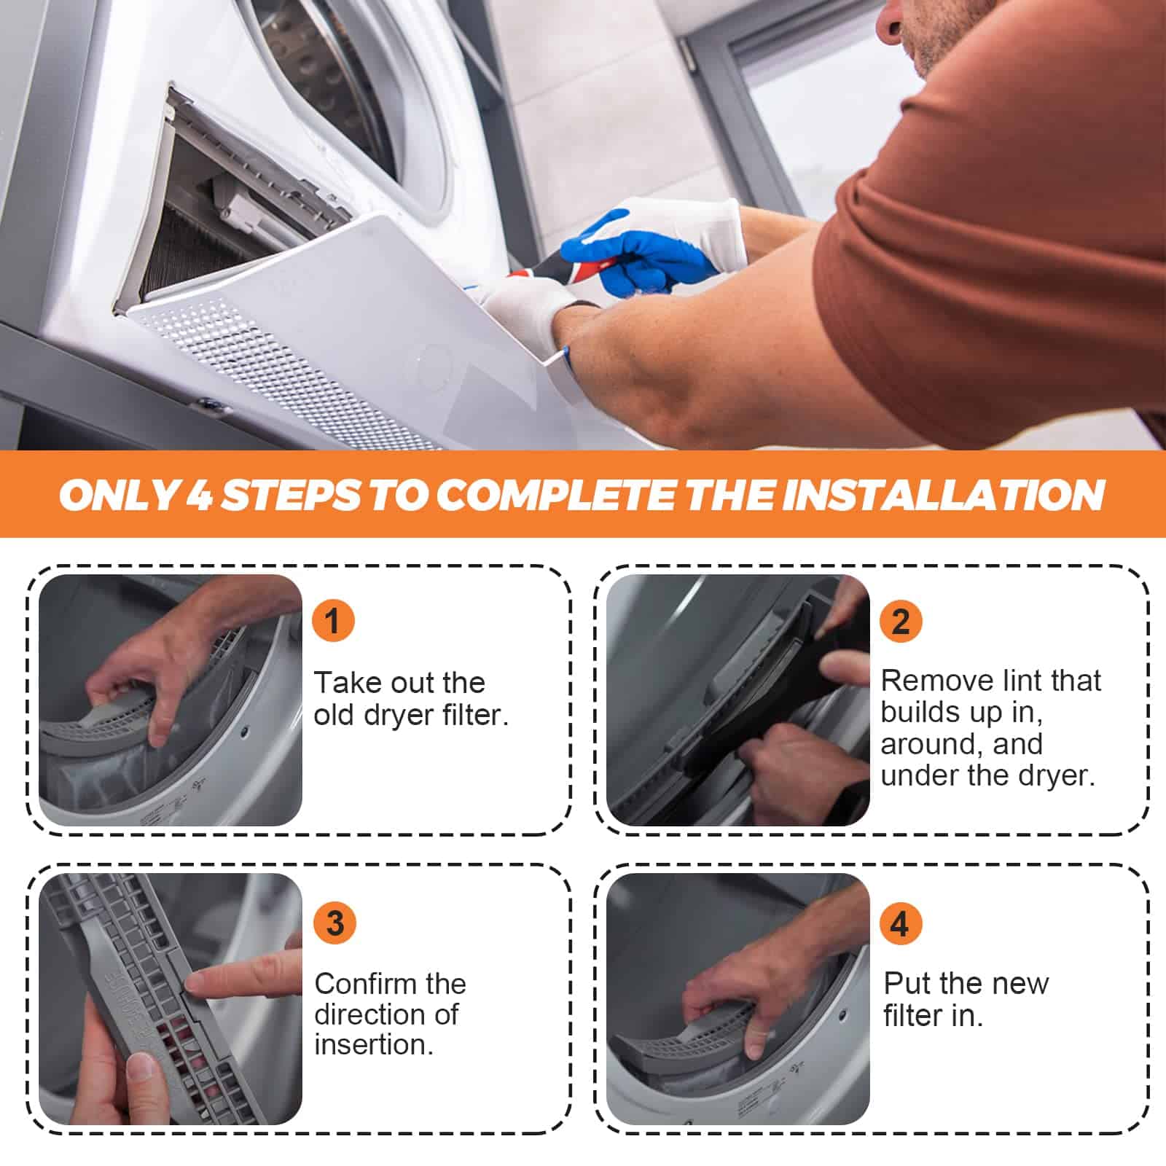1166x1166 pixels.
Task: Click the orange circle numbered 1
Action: click(x=333, y=621)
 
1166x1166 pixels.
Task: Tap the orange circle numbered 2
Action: click(x=901, y=622)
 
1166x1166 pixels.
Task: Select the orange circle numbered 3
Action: click(x=334, y=923)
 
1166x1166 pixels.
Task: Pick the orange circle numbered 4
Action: click(x=901, y=923)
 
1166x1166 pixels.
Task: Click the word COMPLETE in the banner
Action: click(x=556, y=496)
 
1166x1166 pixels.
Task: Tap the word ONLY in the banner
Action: click(x=117, y=496)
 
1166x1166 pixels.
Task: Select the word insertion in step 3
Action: click(x=374, y=1044)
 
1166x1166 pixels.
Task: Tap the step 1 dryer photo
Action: click(x=171, y=700)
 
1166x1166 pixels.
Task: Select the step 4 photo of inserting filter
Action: click(x=737, y=999)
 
